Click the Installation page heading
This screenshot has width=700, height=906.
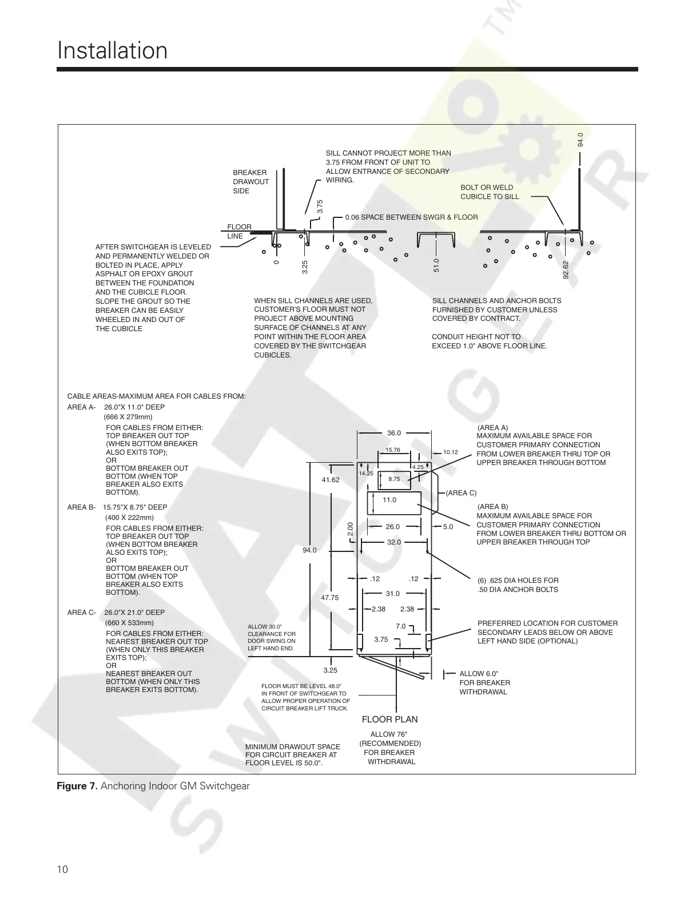[112, 51]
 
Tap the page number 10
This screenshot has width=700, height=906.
[62, 869]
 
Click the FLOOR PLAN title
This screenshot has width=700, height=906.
[389, 719]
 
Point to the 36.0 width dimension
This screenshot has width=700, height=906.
[394, 433]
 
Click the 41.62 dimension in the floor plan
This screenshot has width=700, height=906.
[331, 480]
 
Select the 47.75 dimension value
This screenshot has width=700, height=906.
[329, 598]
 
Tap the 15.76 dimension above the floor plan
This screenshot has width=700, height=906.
[393, 450]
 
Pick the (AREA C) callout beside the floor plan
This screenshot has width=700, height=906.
[461, 492]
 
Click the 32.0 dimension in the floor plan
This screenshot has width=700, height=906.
[394, 542]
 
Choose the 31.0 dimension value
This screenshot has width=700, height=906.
[392, 594]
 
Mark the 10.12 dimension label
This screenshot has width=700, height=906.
[451, 452]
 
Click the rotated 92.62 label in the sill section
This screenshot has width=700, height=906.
[566, 270]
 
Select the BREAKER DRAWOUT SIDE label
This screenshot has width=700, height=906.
[250, 181]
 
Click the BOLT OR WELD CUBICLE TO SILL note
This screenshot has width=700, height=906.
[490, 192]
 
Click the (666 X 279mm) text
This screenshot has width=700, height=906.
[128, 417]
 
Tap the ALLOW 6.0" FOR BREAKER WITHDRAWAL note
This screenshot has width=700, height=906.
[484, 682]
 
